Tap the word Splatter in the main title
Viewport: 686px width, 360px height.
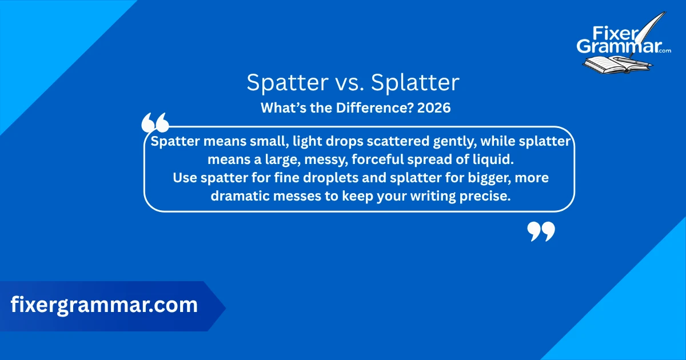coord(415,83)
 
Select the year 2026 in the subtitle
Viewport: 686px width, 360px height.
coord(434,107)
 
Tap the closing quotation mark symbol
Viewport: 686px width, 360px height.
coord(541,231)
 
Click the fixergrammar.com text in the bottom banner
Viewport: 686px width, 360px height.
coord(104,305)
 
